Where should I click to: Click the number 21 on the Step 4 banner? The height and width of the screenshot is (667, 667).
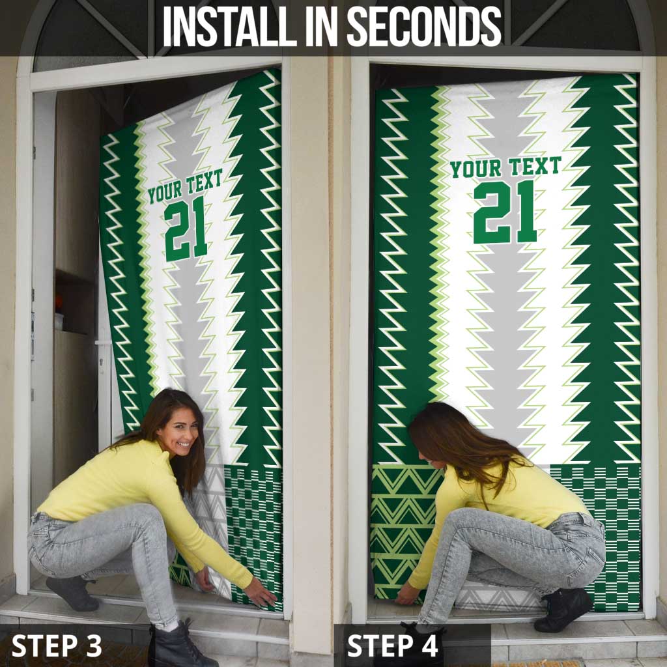(505, 212)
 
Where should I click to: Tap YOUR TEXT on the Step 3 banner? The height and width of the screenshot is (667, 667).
(185, 186)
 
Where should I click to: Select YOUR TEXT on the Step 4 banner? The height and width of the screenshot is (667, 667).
(505, 168)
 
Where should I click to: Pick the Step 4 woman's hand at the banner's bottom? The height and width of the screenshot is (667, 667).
(407, 593)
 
